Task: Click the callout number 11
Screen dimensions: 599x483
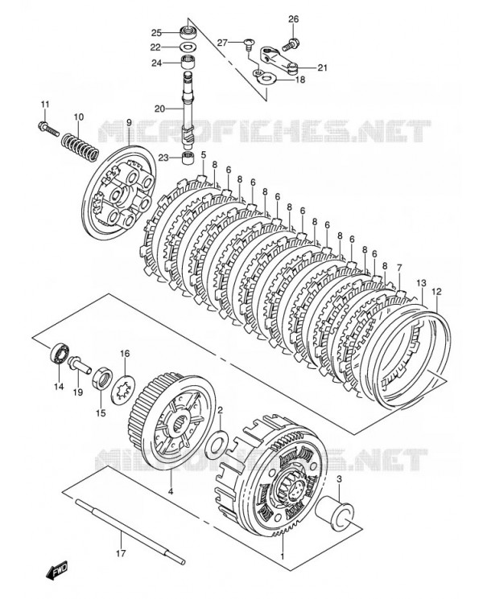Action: click(45, 104)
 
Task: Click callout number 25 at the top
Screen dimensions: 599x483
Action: click(157, 32)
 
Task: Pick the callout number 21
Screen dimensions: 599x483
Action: click(322, 68)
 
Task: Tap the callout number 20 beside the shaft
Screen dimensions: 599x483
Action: click(159, 109)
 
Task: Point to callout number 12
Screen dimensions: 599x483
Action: click(436, 291)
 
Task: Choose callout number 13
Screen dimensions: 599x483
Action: click(420, 283)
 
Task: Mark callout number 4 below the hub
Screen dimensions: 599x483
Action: click(170, 490)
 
